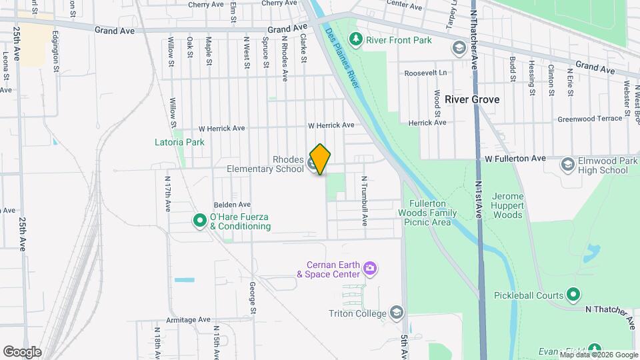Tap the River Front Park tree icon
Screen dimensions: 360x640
coord(357,40)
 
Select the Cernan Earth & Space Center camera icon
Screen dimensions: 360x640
coord(371,269)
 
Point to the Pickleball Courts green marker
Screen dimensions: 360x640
coord(573,295)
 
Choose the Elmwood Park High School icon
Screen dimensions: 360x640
coord(567,165)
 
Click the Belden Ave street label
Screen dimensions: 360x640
coord(231,205)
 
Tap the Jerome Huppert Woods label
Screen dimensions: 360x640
coord(516,206)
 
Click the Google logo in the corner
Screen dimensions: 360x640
coord(22,352)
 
